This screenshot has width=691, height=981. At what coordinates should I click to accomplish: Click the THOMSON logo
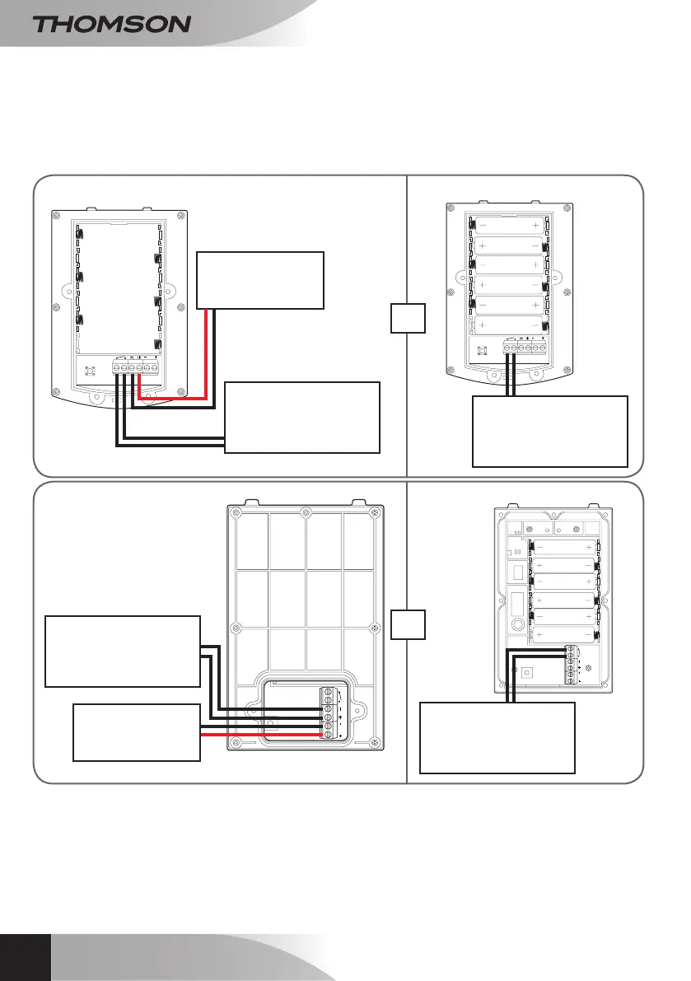coord(111,24)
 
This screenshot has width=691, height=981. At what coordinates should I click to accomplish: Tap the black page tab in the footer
coord(25,957)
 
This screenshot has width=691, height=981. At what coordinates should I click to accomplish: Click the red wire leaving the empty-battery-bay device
coord(204,354)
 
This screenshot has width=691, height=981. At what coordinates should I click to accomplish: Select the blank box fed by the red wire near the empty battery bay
coord(260,280)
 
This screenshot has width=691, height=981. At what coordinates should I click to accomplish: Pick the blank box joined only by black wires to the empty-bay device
coord(302,417)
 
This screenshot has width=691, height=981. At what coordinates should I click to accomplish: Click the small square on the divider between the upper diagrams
coord(408,318)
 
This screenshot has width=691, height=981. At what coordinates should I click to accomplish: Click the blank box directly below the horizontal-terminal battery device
coord(549,432)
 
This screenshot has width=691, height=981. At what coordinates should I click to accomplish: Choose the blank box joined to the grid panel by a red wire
coord(137,732)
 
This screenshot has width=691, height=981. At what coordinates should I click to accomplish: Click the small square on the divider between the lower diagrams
coord(408,624)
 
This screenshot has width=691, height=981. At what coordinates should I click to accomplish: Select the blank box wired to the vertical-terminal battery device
coord(497,737)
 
